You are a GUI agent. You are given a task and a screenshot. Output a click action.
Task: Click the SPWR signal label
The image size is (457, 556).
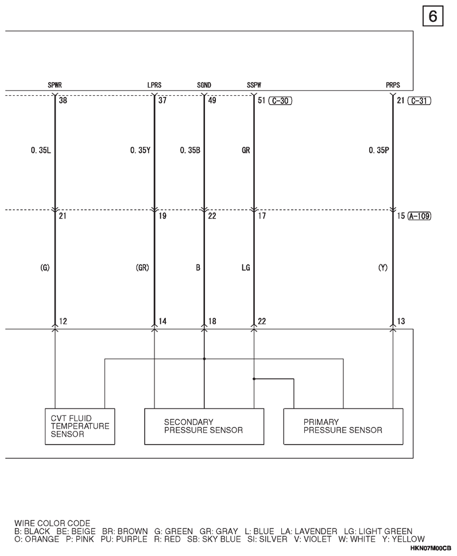55,85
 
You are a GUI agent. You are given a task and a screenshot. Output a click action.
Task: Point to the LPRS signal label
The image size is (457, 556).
154,85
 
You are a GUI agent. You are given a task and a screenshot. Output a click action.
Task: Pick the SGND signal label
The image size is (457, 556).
204,85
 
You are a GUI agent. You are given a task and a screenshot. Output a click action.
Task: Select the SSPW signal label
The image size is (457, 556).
254,85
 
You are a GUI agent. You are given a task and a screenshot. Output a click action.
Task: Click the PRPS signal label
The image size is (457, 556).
393,85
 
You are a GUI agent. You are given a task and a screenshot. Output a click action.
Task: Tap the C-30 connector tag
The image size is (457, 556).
280,101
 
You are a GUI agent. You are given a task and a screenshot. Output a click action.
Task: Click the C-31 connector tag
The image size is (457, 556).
419,101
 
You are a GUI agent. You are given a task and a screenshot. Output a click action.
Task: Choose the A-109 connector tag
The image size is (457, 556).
419,216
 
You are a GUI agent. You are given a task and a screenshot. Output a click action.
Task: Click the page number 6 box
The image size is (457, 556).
433,17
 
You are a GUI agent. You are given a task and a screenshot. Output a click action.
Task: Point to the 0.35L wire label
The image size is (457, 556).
41,150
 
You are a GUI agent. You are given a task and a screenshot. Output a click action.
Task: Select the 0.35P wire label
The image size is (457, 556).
379,150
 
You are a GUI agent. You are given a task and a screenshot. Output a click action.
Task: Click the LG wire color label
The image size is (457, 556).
246,268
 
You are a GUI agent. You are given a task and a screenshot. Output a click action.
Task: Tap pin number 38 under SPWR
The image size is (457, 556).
63,100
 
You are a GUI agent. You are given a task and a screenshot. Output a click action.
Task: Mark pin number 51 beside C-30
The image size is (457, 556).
261,100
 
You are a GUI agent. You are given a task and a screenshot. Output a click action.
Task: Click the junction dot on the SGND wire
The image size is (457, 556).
204,359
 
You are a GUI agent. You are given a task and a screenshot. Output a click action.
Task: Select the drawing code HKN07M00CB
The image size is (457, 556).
431,548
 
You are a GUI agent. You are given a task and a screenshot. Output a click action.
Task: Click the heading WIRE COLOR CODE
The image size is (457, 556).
52,523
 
